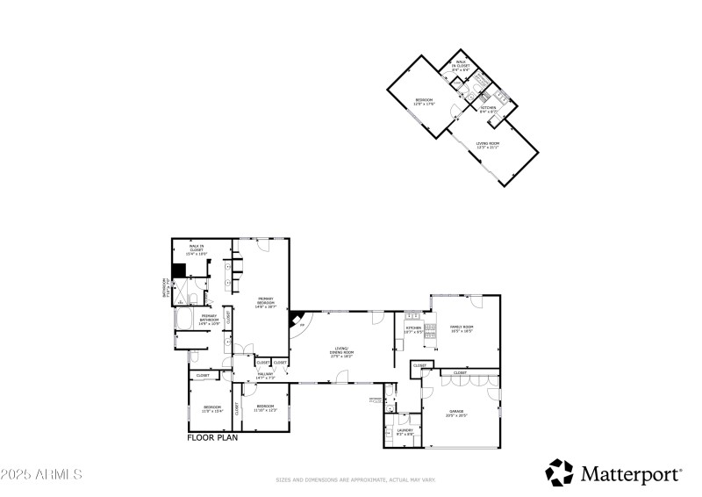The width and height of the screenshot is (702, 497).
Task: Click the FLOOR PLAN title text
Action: [213, 436]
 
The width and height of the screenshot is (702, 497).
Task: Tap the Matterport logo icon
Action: [559, 472]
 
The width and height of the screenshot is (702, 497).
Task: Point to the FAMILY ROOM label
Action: [462, 328]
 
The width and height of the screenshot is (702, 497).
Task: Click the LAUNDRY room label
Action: [405, 431]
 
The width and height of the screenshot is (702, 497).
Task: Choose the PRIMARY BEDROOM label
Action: [266, 304]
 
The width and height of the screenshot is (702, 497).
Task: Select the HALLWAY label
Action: [265, 376]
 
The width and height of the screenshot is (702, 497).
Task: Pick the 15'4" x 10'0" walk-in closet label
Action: [196, 248]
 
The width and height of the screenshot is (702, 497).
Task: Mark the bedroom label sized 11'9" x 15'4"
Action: [212, 408]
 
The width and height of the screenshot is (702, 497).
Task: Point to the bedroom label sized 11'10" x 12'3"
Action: [265, 407]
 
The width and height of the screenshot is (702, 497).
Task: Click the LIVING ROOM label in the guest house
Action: [488, 145]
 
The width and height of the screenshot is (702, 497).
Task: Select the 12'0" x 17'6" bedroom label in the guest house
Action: [425, 102]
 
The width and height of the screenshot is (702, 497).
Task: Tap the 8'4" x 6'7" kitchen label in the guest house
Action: [488, 109]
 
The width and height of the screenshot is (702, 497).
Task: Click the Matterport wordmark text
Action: [630, 474]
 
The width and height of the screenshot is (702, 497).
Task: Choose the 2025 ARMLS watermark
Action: [42, 474]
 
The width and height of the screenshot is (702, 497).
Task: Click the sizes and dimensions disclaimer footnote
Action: [355, 480]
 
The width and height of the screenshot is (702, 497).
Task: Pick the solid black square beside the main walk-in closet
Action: [178, 271]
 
